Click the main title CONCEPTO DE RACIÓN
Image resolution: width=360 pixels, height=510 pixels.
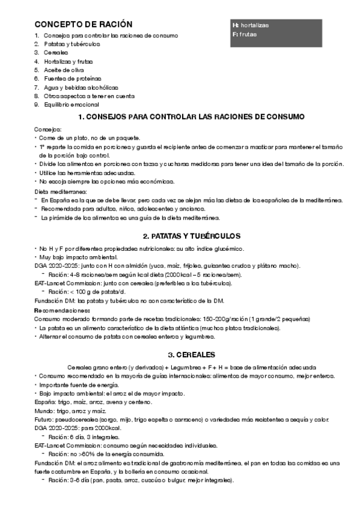[83, 25]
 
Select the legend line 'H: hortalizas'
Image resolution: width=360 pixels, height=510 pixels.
[251, 25]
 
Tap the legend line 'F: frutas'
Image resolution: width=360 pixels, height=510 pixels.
[244, 35]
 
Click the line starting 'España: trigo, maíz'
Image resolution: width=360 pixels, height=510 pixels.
[93, 401]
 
